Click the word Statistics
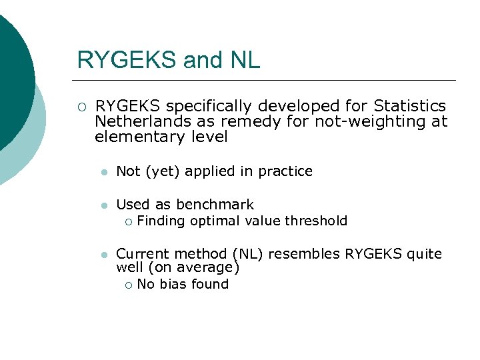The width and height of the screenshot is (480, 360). click(410, 106)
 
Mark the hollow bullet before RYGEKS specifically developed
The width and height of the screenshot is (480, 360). click(81, 107)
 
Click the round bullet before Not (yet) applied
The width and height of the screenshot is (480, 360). click(103, 172)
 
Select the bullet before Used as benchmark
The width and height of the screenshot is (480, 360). click(103, 205)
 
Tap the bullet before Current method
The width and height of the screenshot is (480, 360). click(103, 255)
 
